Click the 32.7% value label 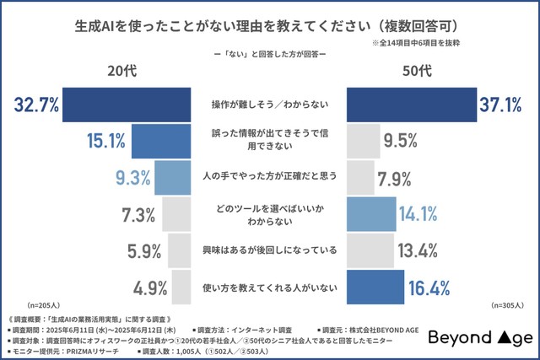(36, 105)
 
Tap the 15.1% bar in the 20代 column (161, 141)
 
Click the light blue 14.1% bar (370, 214)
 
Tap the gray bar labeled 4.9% (180, 287)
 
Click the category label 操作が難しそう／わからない (269, 105)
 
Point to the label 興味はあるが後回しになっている (269, 250)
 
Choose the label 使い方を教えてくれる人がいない (269, 287)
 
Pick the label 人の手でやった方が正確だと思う (269, 177)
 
